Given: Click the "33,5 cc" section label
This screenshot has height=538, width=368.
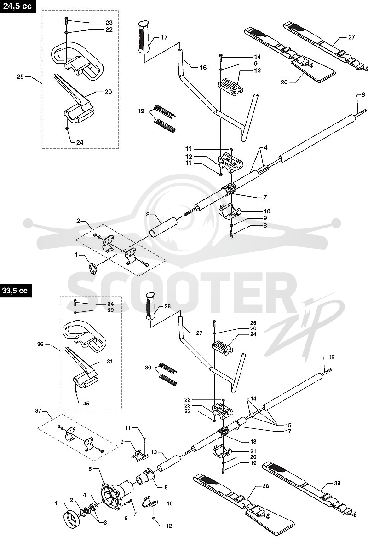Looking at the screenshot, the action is [x=15, y=291].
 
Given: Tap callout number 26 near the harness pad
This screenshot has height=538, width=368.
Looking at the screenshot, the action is [x=284, y=82].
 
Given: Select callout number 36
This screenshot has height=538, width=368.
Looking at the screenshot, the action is [x=40, y=344].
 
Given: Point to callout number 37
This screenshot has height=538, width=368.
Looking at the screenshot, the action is [x=38, y=411].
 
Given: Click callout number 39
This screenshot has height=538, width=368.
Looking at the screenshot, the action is [x=337, y=483].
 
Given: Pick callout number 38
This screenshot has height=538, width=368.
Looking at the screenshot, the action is [x=265, y=486].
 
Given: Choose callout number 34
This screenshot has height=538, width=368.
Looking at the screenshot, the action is [x=110, y=304].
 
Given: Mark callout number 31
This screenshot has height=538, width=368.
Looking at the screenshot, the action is [x=109, y=361].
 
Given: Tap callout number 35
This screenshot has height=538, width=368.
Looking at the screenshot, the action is [x=86, y=403].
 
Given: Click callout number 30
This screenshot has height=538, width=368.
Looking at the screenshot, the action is [x=148, y=368].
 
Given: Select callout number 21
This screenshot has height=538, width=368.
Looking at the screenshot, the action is [x=253, y=451].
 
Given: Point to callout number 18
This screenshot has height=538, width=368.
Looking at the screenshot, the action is [x=253, y=442].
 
